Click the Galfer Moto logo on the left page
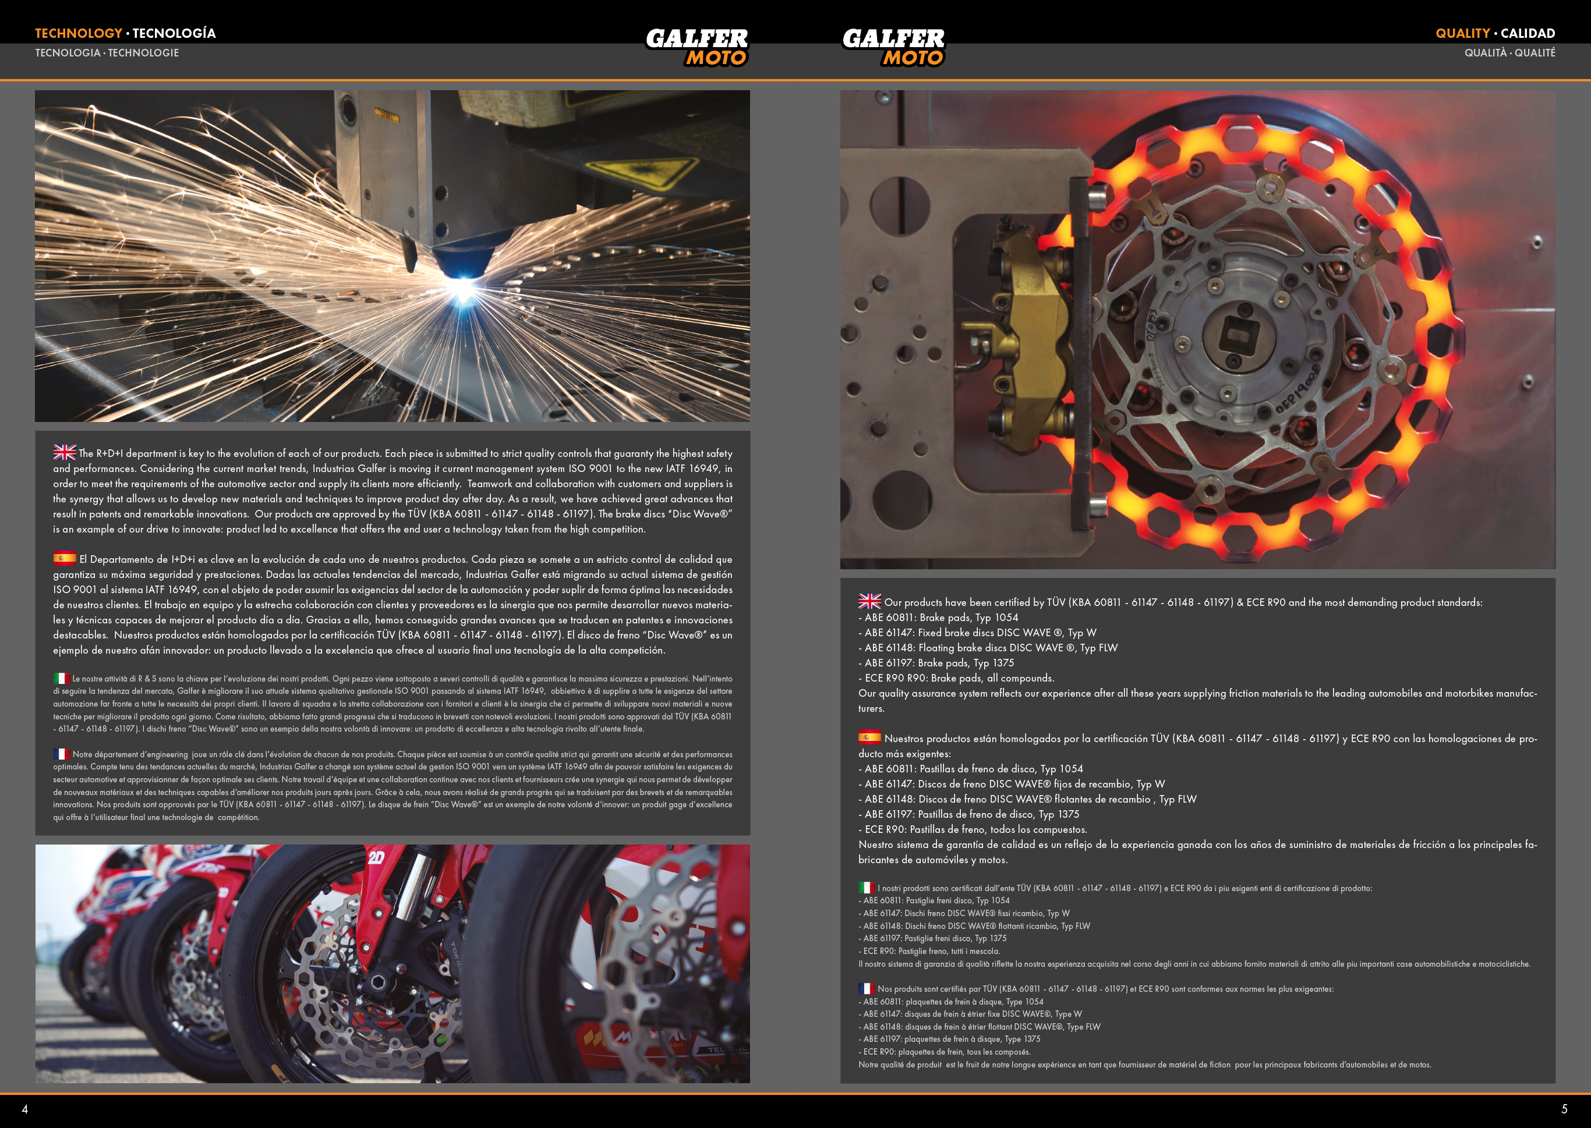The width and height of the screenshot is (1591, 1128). tap(697, 47)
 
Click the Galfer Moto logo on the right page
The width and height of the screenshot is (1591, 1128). tap(893, 47)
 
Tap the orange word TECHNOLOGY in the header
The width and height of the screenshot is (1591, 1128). tap(79, 33)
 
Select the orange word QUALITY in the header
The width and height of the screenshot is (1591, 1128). tap(1462, 33)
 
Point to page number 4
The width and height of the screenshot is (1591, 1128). tap(25, 1109)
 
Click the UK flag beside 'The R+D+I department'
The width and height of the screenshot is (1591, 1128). tap(65, 452)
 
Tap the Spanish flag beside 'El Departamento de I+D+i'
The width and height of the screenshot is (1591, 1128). tap(65, 558)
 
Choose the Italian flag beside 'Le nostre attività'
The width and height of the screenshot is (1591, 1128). tap(62, 678)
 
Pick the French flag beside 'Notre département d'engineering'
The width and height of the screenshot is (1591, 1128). tap(62, 754)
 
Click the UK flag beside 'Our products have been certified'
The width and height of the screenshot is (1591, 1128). tap(870, 601)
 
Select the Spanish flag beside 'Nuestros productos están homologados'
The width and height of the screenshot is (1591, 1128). tap(870, 737)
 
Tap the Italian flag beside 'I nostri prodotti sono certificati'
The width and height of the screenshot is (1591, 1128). tap(867, 887)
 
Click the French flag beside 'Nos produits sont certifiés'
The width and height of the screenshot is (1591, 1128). tap(867, 988)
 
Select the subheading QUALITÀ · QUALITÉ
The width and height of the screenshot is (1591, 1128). tap(1509, 53)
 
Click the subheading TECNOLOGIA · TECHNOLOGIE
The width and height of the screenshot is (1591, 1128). tap(107, 53)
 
